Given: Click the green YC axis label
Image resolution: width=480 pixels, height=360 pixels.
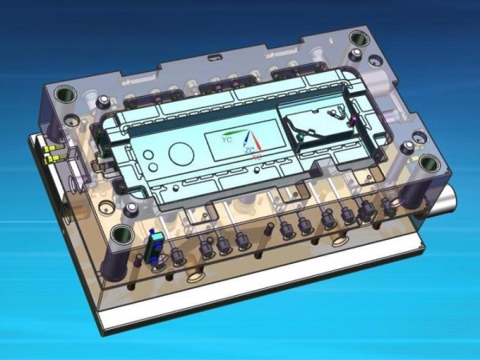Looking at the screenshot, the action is [227, 140].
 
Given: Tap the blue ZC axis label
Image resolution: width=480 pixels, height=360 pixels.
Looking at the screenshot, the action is [250, 150].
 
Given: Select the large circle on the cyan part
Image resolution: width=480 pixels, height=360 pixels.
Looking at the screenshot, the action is [182, 153].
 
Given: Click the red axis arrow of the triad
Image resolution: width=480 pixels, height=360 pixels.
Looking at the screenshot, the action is [257, 141].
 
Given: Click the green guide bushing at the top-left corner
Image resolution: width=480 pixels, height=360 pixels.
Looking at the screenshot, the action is [66, 94].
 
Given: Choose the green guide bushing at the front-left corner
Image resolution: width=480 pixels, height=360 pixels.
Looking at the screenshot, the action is [122, 235].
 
